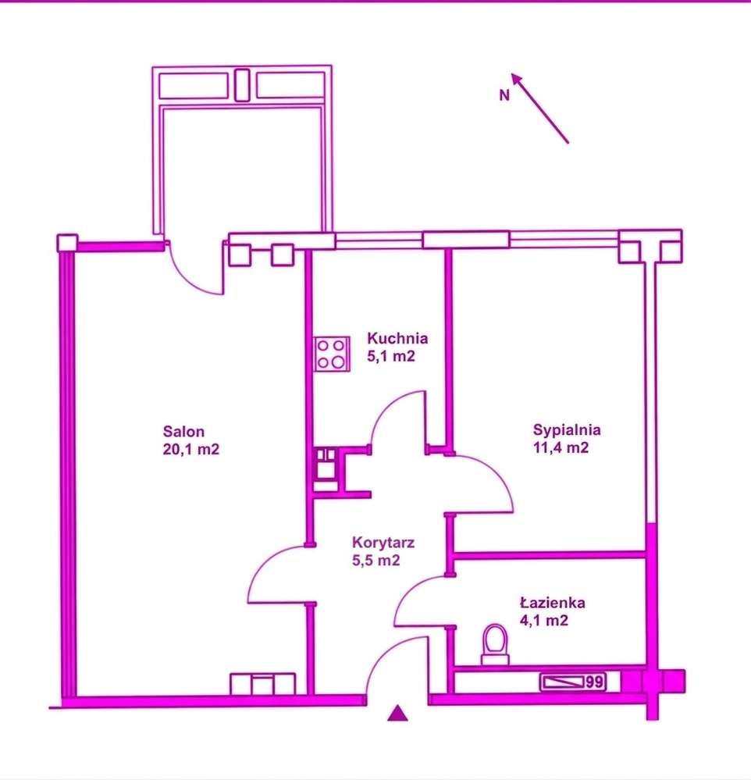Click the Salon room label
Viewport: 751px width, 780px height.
[183, 431]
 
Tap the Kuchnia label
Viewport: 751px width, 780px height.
[397, 338]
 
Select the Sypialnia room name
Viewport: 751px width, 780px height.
[567, 429]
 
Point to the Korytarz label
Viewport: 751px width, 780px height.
[383, 542]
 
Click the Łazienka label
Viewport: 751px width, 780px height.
[553, 603]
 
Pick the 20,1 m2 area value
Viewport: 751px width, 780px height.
[191, 449]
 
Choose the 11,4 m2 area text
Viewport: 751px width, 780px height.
[561, 447]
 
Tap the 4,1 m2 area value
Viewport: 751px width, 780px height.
[543, 621]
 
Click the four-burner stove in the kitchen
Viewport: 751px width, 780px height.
[332, 354]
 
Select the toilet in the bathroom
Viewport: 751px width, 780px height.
[496, 644]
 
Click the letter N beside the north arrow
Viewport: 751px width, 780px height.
[504, 95]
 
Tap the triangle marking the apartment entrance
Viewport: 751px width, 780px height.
[397, 713]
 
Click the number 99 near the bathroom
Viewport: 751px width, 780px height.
[594, 682]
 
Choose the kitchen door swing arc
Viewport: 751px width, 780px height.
[387, 407]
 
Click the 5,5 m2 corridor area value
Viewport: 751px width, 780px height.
[376, 561]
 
